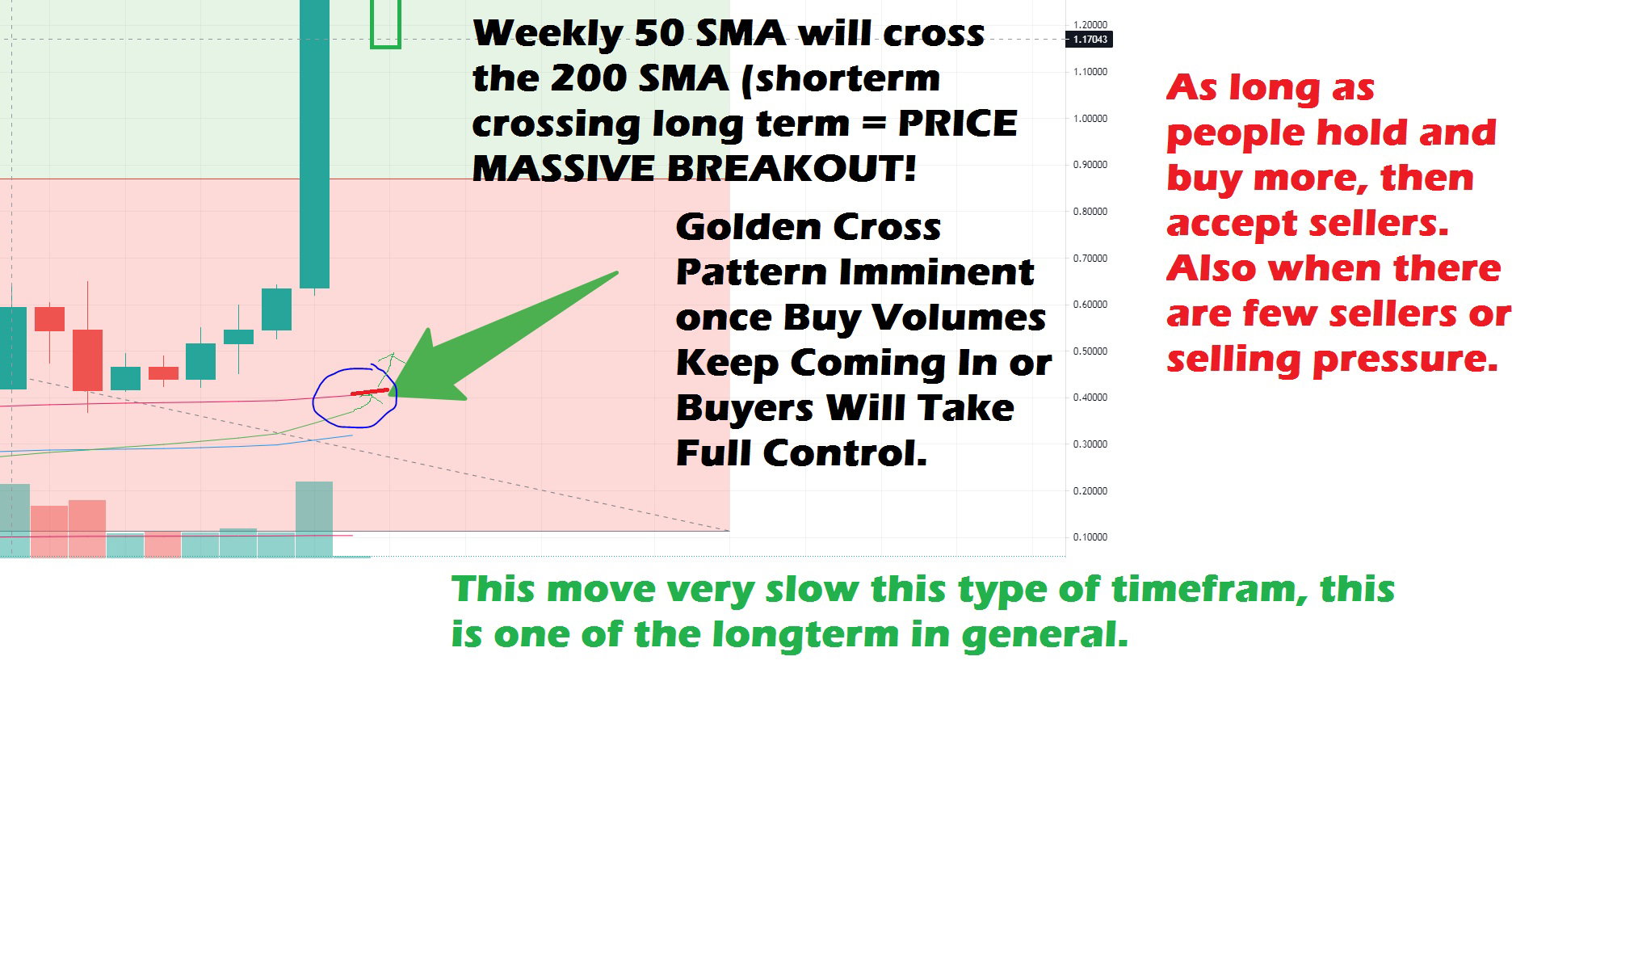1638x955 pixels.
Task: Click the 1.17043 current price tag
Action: (1090, 39)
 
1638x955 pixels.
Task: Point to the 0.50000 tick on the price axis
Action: (1090, 351)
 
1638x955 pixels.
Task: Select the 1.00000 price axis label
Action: (1090, 119)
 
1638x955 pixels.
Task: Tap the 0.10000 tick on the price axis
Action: (1090, 537)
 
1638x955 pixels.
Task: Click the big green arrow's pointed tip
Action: (389, 393)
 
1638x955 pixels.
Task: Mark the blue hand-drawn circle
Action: (313, 398)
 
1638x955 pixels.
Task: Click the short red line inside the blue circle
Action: (370, 392)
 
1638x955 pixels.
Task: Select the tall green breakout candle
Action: (314, 144)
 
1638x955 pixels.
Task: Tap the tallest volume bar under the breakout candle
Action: (314, 519)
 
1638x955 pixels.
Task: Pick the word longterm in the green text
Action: (805, 635)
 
